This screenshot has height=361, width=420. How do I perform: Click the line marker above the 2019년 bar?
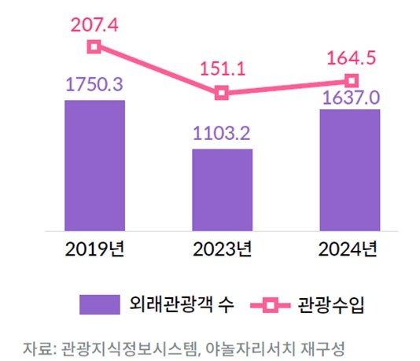[x=94, y=46]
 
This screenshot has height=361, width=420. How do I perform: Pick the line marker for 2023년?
[x=222, y=93]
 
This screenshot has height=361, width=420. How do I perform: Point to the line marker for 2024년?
[x=352, y=80]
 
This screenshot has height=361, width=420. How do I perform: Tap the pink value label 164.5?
[x=352, y=57]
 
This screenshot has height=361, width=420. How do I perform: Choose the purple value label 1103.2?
[x=223, y=134]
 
